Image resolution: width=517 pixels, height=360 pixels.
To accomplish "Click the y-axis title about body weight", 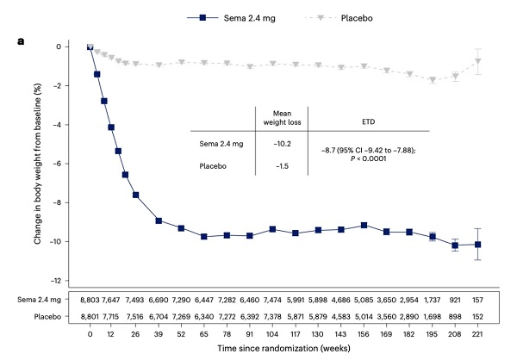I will tap(40, 163).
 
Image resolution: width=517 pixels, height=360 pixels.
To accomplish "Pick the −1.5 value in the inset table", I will tap(272, 165).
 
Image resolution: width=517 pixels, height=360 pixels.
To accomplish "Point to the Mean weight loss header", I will tap(272, 115).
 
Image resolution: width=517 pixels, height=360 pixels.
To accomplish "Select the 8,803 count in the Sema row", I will tap(90, 299).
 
